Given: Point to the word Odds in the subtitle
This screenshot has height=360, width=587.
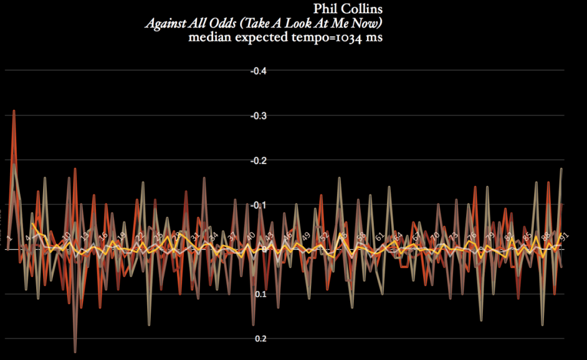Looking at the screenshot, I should pos(214,24).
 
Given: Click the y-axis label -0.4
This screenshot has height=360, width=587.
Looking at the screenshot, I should pos(259,71).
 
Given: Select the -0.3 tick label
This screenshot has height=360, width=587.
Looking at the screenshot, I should pos(259,116).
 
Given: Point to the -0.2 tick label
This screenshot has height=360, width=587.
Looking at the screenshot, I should pos(259,161).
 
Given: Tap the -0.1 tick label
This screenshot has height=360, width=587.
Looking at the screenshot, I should pos(259,205).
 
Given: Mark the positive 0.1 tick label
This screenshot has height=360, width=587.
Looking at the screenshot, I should pos(260,295).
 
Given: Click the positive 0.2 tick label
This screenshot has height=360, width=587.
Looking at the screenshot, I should pos(260,339).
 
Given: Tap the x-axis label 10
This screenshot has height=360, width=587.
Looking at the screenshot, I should pos(66,236).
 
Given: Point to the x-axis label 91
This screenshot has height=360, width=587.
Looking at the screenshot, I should pos(563,236).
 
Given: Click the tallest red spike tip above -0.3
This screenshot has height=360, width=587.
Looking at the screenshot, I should pos(14,111).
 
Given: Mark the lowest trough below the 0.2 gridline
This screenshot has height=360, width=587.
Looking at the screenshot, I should pos(75,351).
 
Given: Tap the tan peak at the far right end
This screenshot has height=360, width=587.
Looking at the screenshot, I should pos(561,169).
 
